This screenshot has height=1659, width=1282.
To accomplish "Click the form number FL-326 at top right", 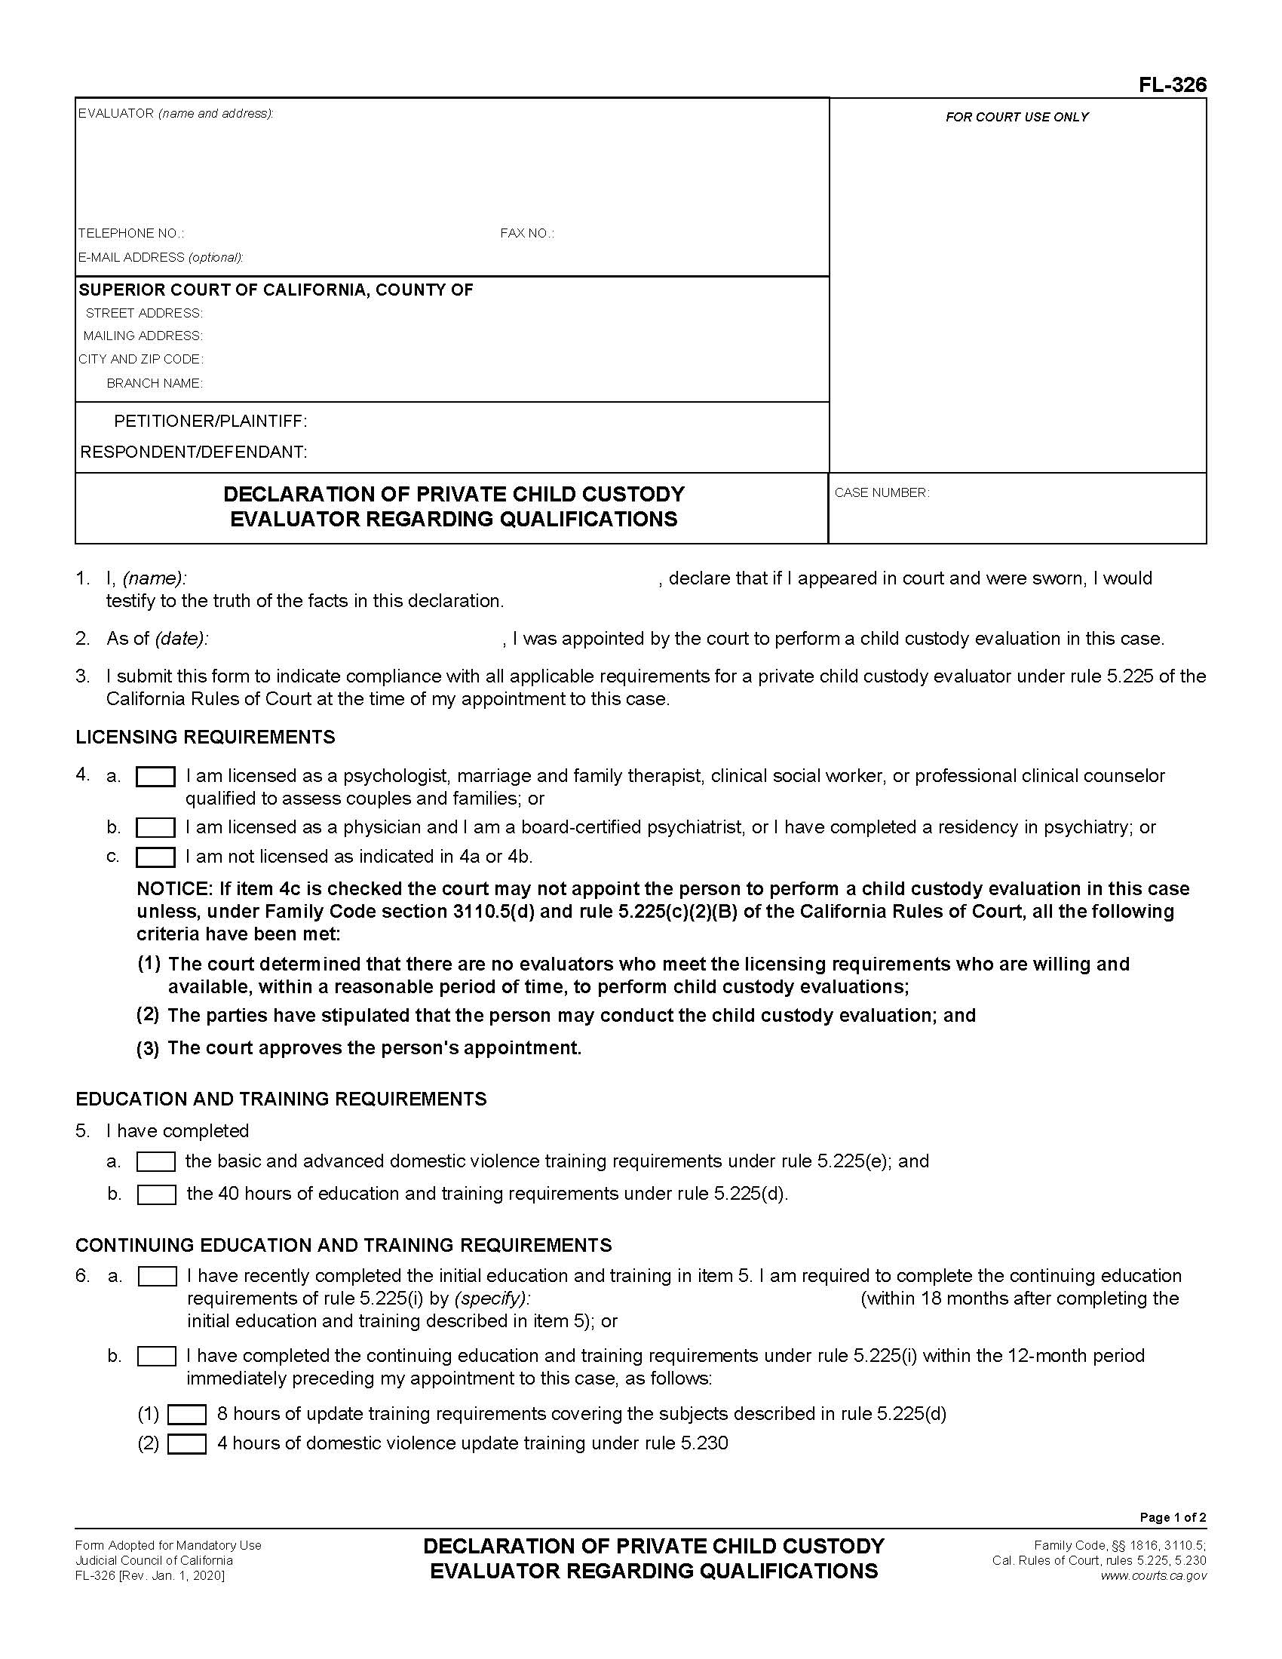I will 1172,85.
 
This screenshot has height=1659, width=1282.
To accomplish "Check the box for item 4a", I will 155,776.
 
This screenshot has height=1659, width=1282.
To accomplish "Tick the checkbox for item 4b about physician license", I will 155,827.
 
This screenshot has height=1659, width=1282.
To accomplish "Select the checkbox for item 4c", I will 155,857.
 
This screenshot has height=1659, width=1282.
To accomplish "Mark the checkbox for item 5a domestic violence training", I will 156,1161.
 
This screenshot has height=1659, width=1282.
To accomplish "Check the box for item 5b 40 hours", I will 156,1194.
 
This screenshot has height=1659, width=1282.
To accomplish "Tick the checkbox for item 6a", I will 157,1276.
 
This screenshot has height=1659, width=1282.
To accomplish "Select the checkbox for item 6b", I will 156,1356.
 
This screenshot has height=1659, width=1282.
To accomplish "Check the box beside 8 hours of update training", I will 187,1415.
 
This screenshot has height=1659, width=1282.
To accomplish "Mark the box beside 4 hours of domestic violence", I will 187,1443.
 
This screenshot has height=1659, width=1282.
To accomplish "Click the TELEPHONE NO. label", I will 130,233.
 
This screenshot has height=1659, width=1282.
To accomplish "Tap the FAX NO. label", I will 527,233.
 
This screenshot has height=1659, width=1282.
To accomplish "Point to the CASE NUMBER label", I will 882,493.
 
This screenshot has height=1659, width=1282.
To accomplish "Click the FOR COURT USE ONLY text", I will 1017,117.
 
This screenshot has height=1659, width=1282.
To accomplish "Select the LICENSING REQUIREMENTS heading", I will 205,737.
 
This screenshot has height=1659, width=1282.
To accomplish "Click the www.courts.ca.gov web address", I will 1153,1575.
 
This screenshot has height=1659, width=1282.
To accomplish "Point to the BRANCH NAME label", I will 154,383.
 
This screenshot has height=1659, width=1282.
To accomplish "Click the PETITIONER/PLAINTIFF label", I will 210,422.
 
